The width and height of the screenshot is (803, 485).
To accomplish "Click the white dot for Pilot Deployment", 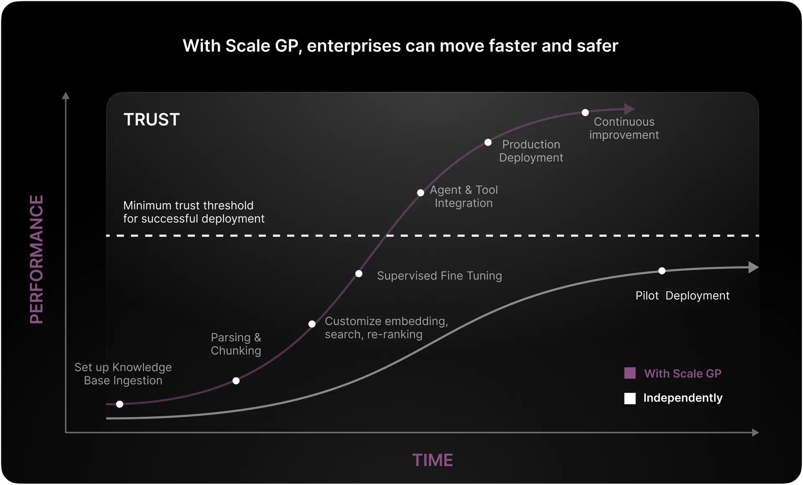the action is click(x=662, y=271).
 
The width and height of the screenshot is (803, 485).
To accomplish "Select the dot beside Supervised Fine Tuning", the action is click(x=359, y=274).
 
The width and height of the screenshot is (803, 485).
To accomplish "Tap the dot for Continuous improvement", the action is click(x=585, y=112).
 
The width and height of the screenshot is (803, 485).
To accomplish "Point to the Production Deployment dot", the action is click(x=488, y=143).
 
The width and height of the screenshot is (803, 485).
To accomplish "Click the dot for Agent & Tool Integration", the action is click(x=420, y=193).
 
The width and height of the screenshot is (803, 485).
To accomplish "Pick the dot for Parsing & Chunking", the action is click(x=236, y=381).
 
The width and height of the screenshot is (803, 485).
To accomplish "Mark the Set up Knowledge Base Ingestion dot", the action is click(x=120, y=404).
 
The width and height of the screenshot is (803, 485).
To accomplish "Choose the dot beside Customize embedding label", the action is click(x=312, y=324).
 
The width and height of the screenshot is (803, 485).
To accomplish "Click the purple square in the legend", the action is click(x=630, y=373).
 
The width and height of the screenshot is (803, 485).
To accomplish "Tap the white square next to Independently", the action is click(x=630, y=398).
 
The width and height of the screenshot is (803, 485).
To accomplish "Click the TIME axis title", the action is click(x=432, y=460).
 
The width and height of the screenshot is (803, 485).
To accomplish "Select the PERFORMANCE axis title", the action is click(x=36, y=259).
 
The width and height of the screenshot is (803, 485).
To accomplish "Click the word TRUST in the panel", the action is click(x=151, y=120).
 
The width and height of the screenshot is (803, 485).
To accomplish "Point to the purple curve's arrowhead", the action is click(x=629, y=109).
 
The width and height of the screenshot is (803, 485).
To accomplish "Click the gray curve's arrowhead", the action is click(x=753, y=267).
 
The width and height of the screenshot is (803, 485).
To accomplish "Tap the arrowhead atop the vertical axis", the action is click(x=66, y=96).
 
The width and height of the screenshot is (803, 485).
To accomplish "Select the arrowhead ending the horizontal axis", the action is click(x=755, y=432).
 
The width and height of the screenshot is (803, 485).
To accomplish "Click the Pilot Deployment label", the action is click(x=682, y=296).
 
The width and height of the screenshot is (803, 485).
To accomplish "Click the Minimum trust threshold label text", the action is click(x=194, y=212).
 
